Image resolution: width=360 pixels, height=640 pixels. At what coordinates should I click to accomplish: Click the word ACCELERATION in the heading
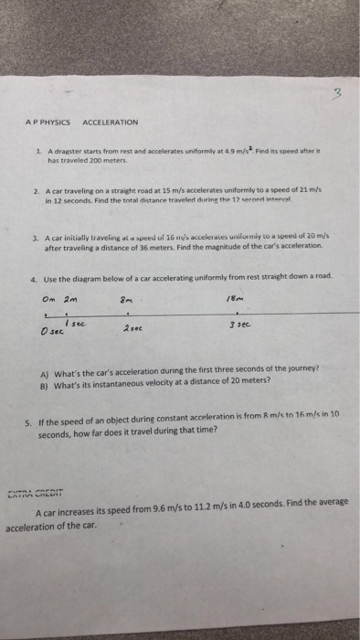coord(110,122)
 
